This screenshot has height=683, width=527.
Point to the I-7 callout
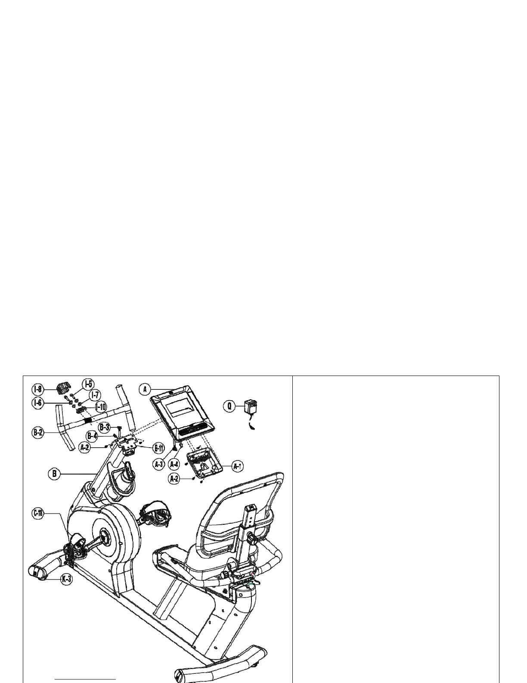point(94,395)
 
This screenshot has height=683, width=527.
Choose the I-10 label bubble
point(100,407)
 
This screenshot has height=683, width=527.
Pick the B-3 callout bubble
point(104,427)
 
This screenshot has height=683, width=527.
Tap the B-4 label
point(92,435)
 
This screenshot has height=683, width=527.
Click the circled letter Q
point(230,406)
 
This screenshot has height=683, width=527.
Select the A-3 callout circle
point(159,464)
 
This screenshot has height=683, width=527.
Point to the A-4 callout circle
point(174,464)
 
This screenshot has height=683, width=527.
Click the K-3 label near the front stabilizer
point(66,579)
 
